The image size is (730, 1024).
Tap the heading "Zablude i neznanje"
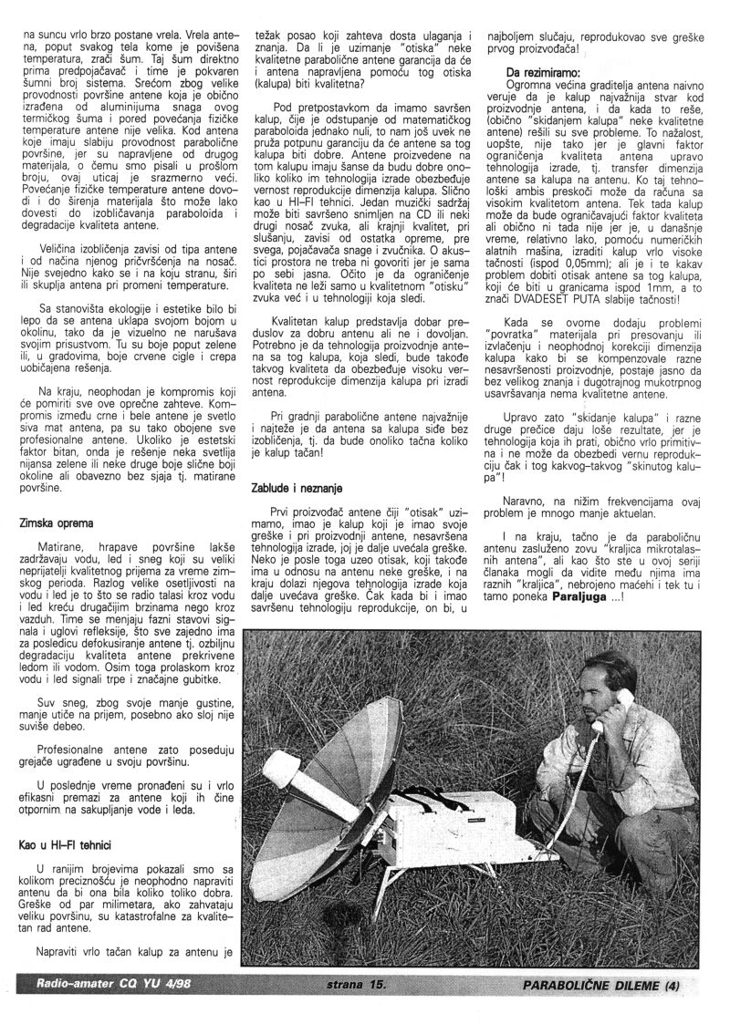[293, 490]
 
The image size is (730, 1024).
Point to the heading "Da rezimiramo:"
[543, 71]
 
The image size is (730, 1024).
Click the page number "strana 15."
[358, 985]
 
